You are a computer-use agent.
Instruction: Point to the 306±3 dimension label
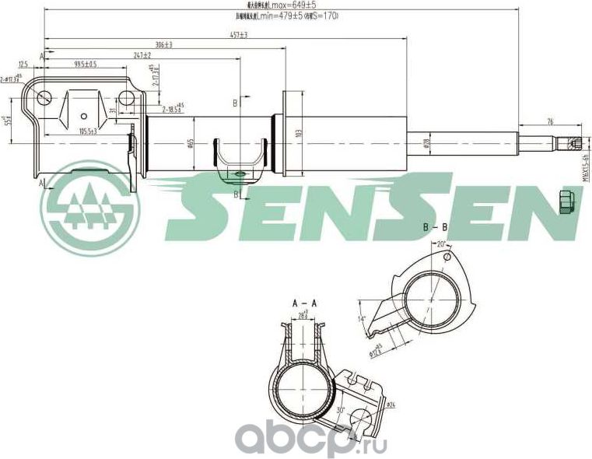pyautogui.click(x=163, y=45)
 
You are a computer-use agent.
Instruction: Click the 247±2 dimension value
pyautogui.click(x=142, y=55)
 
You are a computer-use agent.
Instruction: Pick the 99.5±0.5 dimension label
pyautogui.click(x=86, y=65)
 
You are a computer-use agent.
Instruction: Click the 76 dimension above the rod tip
pyautogui.click(x=550, y=121)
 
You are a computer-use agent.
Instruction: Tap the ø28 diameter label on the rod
pyautogui.click(x=426, y=142)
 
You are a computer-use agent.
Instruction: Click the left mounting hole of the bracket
pyautogui.click(x=44, y=98)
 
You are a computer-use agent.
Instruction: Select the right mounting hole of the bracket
pyautogui.click(x=126, y=98)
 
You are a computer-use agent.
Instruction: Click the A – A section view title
pyautogui.click(x=304, y=302)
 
